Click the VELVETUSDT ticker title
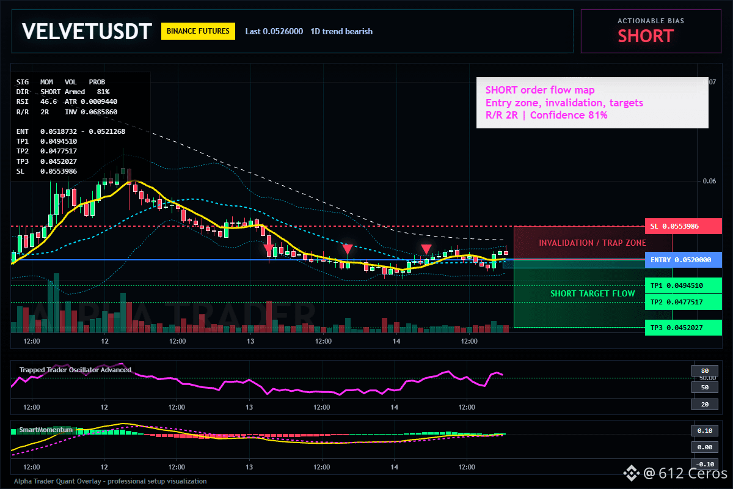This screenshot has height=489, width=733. pos(87,31)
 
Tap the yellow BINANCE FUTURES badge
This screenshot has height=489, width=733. pos(198,31)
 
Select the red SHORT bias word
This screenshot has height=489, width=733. pos(646,36)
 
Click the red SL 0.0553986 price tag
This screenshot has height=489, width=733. pos(684,226)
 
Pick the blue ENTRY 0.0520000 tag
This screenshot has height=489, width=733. pos(684,260)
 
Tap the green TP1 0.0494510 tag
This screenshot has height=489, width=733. pos(684,285)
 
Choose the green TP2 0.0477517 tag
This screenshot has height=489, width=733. pos(684,302)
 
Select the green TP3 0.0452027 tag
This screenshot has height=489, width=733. pos(684,328)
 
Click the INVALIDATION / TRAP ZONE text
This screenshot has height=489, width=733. pos(593,243)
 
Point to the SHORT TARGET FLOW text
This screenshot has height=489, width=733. pos(593,293)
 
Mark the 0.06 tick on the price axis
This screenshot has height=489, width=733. pos(709,181)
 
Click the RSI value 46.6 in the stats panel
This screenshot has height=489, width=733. pos(48,102)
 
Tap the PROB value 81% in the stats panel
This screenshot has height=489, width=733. pos(103,92)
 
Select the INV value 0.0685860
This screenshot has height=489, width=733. pos(99,112)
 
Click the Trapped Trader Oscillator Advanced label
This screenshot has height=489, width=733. pos(75,370)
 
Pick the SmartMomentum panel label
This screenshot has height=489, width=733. pos(46,430)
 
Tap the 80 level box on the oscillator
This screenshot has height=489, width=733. pos(705,371)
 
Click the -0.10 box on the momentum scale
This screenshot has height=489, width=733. pos(705,464)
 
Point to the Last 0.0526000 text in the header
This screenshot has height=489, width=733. pos(274,31)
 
